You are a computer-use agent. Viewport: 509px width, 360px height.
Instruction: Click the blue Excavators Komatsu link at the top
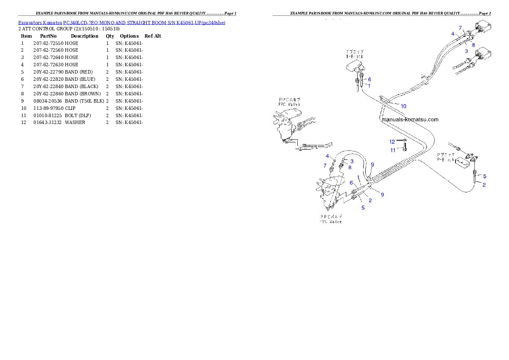pyautogui.click(x=121, y=23)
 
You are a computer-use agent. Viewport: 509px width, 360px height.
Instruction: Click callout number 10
pyautogui.click(x=403, y=106)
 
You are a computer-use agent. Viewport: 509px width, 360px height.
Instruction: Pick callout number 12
pyautogui.click(x=392, y=142)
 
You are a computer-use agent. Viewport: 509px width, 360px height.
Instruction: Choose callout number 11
pyautogui.click(x=393, y=150)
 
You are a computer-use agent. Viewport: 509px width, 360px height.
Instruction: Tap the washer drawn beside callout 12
pyautogui.click(x=404, y=141)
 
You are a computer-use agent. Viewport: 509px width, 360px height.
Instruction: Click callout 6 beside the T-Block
pyautogui.click(x=369, y=79)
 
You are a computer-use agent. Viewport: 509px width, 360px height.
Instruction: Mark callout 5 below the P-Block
pyautogui.click(x=484, y=176)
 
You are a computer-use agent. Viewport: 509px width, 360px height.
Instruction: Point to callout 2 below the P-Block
pyautogui.click(x=484, y=185)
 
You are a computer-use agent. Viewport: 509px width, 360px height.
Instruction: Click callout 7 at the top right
pyautogui.click(x=461, y=28)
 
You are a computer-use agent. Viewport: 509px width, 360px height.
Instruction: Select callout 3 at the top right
pyautogui.click(x=466, y=50)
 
